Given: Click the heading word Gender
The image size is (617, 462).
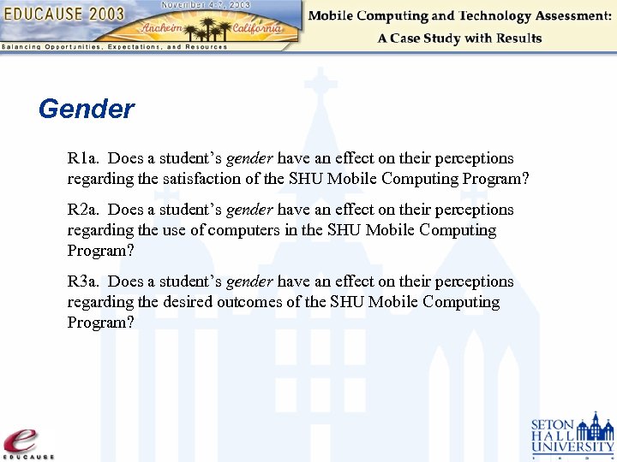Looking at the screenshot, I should [87, 110].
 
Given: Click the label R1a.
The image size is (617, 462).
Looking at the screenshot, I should [84, 158].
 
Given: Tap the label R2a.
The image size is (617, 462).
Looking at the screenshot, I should [84, 210].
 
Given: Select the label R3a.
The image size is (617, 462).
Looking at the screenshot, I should [84, 281].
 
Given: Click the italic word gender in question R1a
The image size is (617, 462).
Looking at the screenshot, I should [249, 159].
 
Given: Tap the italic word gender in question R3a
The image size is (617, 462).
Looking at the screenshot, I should [249, 282].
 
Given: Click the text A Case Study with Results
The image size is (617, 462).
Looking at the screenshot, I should [459, 38].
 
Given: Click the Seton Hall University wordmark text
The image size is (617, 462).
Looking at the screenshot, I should [554, 435].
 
